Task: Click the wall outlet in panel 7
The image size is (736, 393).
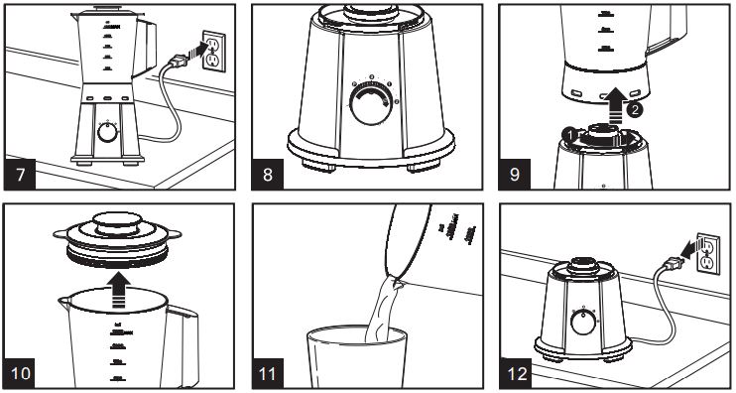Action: click(210, 52)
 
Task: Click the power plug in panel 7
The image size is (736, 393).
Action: click(180, 65)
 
